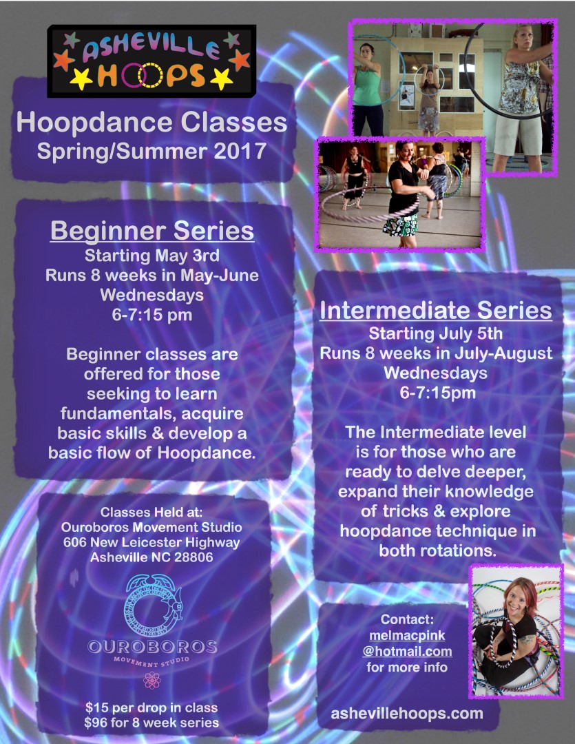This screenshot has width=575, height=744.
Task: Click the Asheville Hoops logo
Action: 151,61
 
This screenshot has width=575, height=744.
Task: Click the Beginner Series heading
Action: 152,231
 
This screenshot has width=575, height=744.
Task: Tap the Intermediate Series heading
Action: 435,310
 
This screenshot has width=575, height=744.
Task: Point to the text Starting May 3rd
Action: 151,256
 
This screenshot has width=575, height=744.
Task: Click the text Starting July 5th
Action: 435,333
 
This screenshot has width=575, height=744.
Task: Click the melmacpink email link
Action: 407,643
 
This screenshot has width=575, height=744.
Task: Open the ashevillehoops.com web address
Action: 406,713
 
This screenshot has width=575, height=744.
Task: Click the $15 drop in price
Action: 151,707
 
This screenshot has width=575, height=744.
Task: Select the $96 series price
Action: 151,723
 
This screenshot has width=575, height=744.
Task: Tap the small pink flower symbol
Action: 151,680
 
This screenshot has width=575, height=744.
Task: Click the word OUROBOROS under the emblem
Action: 152,646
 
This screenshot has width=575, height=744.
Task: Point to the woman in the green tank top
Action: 367,87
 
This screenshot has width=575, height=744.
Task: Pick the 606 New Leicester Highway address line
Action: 151,542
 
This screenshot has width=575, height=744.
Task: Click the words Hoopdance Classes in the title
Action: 151,123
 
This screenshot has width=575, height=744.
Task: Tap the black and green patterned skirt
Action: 400,225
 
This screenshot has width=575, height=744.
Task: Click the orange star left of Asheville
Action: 63,60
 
